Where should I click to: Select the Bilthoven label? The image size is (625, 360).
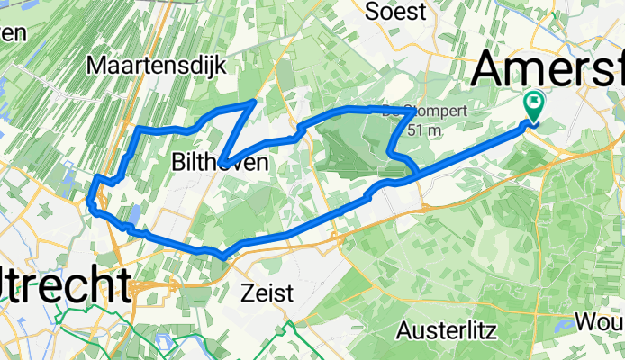[220, 162]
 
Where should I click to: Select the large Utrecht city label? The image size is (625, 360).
[63, 286]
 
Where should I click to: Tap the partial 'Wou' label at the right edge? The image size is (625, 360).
[603, 321]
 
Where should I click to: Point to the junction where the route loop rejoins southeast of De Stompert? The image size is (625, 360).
[415, 171]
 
